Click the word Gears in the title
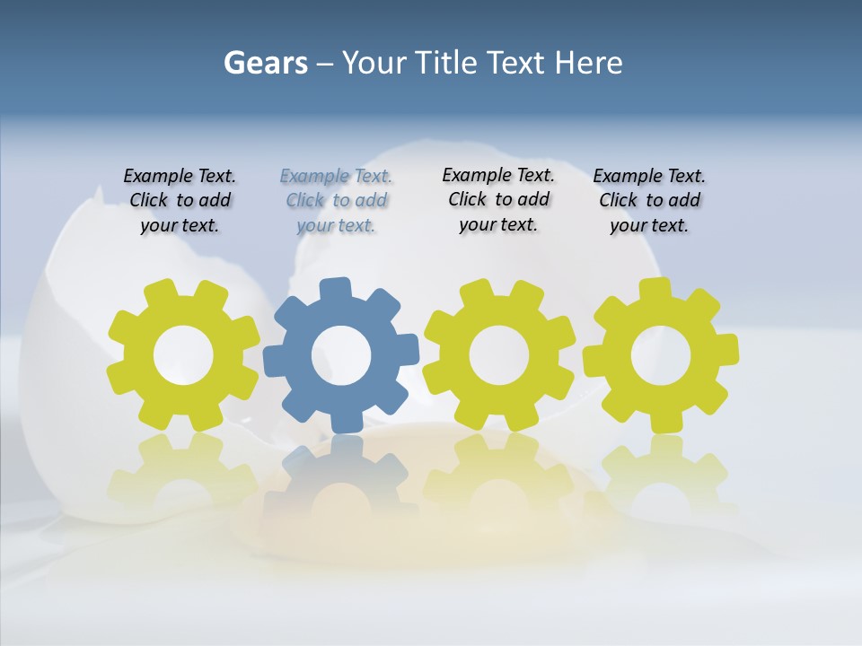pos(265,63)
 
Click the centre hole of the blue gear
pos(341,356)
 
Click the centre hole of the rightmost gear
pos(661,356)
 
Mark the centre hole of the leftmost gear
pos(183,356)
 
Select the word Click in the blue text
pos(304,200)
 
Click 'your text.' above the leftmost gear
pos(180,225)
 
